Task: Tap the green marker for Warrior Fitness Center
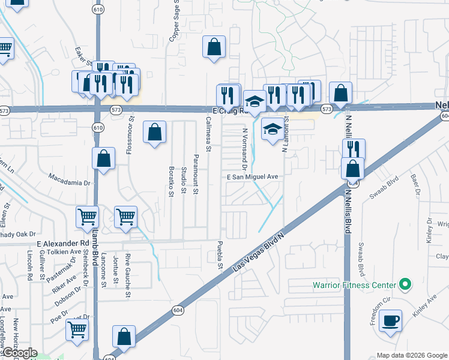click(405, 284)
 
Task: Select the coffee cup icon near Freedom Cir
click(392, 321)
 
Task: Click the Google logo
click(19, 353)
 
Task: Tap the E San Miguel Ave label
click(253, 177)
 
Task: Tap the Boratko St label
click(171, 181)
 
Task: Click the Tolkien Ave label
click(59, 252)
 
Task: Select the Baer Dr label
click(414, 187)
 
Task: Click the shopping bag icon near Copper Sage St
click(214, 47)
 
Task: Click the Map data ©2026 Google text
click(411, 355)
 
